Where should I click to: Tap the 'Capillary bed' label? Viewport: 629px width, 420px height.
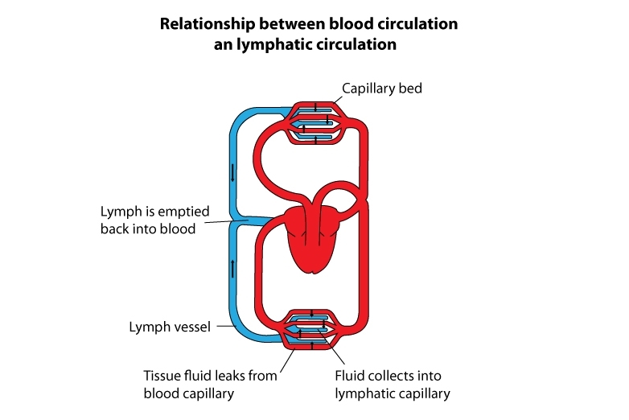tap(381, 89)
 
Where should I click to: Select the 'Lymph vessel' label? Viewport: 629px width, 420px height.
tap(170, 327)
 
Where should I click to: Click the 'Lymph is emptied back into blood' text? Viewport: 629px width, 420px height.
tap(154, 220)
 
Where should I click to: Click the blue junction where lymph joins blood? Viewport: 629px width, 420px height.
tap(245, 220)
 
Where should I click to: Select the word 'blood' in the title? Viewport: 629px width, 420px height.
tap(333, 24)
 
